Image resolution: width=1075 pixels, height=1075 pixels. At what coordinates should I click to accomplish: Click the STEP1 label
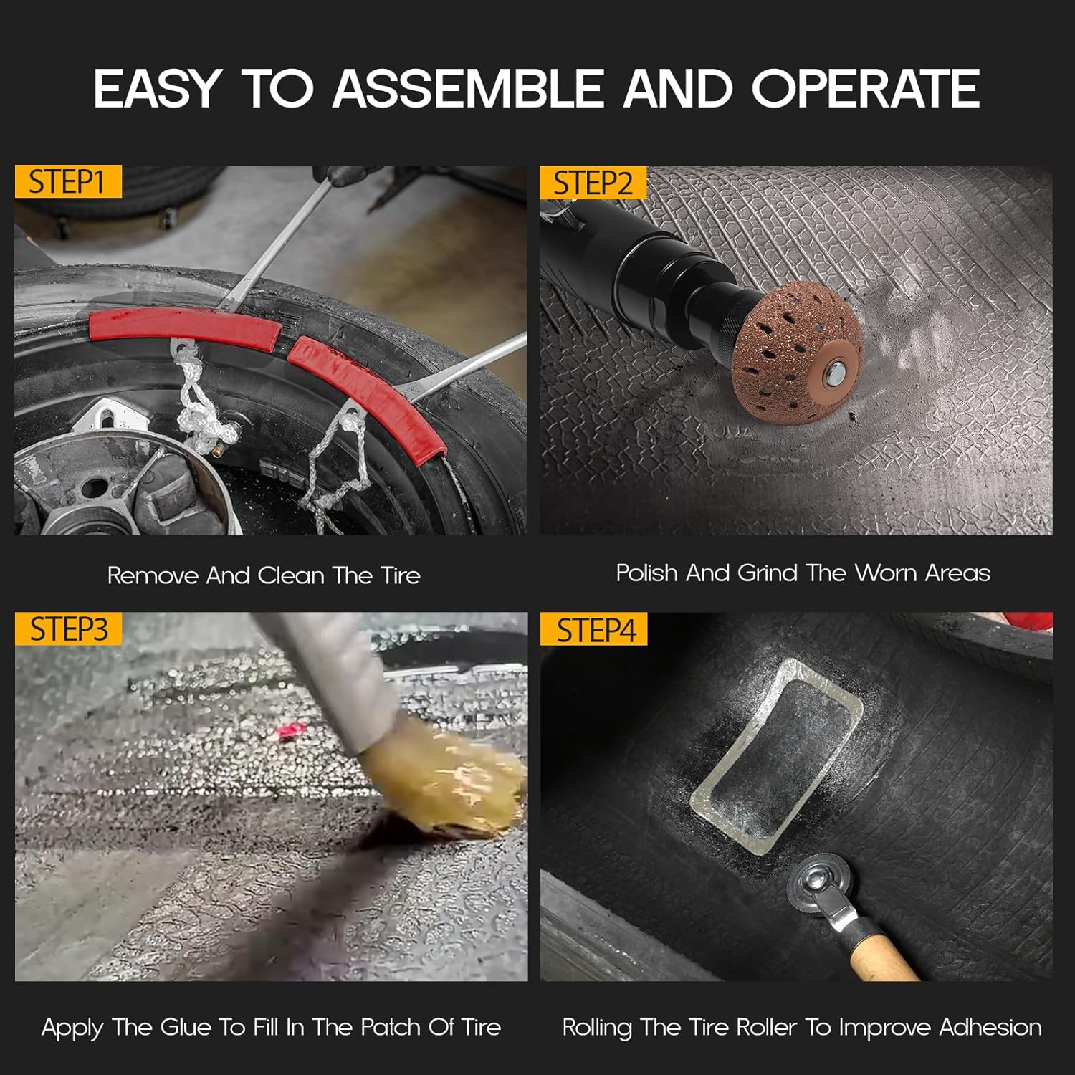click(x=68, y=182)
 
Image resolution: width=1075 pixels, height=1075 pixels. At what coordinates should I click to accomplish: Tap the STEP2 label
click(x=593, y=183)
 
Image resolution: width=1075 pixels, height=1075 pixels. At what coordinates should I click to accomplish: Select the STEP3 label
click(x=69, y=629)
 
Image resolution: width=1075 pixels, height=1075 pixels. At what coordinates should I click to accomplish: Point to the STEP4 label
click(x=595, y=630)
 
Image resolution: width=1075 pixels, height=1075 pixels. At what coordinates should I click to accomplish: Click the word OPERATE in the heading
click(x=865, y=89)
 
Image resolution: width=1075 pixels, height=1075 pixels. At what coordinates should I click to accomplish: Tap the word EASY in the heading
click(x=156, y=89)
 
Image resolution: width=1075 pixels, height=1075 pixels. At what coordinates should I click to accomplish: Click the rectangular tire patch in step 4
click(x=776, y=756)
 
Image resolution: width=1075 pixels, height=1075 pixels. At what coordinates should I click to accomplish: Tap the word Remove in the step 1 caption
click(x=153, y=575)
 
